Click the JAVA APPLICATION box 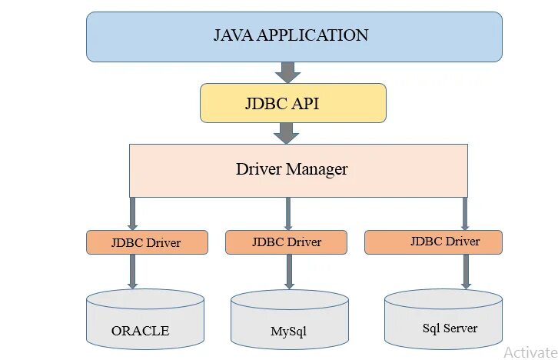coord(294,36)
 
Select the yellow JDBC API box coord(293,103)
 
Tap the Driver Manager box coord(297,169)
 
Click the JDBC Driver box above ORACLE coord(147,242)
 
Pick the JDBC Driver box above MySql coord(286,242)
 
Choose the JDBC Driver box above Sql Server coord(433,242)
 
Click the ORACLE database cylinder coord(144,320)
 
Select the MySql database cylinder coord(289,322)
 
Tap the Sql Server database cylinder coord(443,319)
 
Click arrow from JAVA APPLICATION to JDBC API coord(287,72)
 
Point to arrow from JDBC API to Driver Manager coord(286,133)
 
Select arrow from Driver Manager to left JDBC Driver coord(132,213)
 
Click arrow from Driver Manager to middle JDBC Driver coord(287,213)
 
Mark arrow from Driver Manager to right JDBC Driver coord(464,213)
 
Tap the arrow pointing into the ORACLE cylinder coord(132,272)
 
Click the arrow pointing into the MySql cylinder coord(289,272)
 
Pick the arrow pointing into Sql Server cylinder coord(466,272)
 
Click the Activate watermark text coord(530,352)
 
